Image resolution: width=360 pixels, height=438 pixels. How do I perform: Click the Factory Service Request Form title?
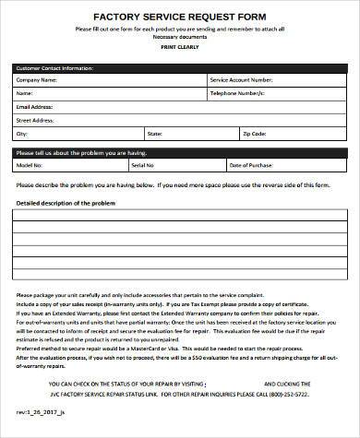(180, 17)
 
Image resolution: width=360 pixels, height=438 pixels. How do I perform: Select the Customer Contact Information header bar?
(180, 68)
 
